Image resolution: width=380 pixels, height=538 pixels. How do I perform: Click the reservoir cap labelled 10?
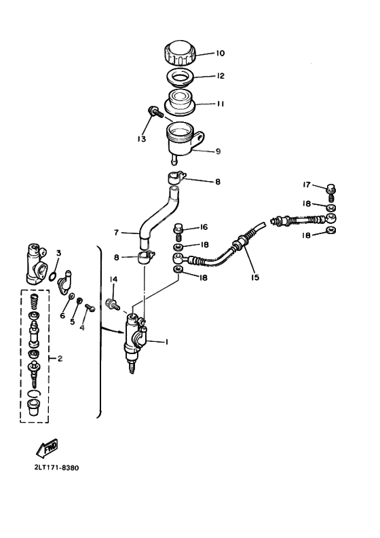[x=179, y=52]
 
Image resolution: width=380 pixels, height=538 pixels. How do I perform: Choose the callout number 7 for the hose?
[x=116, y=232]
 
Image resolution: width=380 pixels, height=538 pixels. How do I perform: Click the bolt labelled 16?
[x=180, y=229]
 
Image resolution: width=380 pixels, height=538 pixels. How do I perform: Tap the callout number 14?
[x=113, y=279]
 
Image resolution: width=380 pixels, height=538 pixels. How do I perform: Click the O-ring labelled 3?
[x=51, y=275]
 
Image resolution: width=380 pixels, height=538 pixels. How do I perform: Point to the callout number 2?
[x=60, y=358]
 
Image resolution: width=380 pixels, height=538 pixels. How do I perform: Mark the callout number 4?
[x=81, y=328]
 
